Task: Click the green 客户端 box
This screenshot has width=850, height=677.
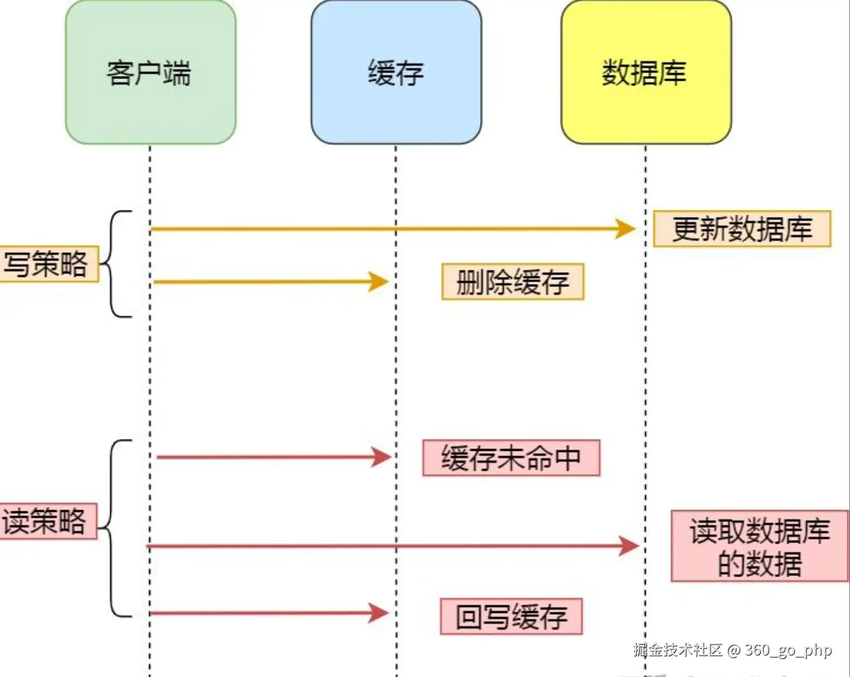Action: [x=150, y=72]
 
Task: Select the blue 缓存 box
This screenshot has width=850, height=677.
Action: [x=396, y=72]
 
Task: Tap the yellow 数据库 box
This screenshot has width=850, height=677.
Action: [x=646, y=72]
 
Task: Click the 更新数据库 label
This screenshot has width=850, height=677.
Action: [x=742, y=229]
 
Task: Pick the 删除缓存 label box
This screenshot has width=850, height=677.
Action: [x=512, y=282]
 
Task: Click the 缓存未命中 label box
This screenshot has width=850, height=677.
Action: [x=512, y=458]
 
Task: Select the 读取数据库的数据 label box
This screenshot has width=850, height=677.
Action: [x=760, y=546]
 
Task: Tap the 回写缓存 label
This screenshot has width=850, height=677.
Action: [x=512, y=617]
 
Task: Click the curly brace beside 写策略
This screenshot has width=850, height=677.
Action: [x=116, y=264]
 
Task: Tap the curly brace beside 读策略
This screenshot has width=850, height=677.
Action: [x=115, y=528]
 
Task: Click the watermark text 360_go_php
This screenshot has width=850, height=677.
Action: [x=788, y=651]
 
